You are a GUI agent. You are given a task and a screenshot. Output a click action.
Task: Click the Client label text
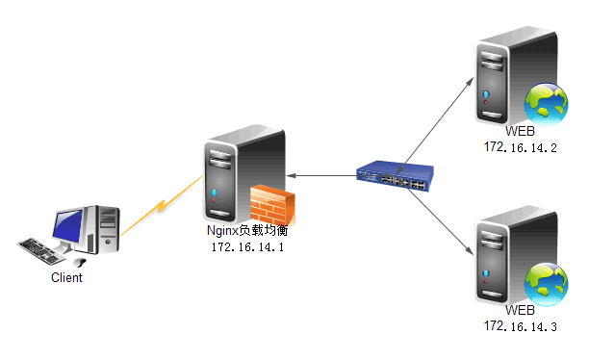tap(66, 277)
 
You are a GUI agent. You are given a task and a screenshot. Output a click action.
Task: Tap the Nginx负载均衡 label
tap(247, 230)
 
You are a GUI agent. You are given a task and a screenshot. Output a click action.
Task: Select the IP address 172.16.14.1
tap(247, 246)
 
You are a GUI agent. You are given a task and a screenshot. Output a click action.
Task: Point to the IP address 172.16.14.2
tap(520, 147)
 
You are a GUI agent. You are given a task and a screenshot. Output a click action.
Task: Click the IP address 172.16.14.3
tap(520, 326)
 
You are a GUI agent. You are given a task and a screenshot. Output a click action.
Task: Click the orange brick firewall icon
tap(272, 205)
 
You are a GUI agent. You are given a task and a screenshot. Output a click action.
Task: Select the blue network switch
tap(395, 176)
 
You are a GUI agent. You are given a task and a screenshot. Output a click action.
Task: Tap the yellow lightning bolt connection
tap(162, 206)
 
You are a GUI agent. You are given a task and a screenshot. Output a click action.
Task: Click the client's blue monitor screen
tap(67, 225)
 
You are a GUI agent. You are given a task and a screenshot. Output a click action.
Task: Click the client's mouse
tap(80, 262)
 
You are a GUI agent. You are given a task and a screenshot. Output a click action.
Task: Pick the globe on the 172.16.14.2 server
tap(546, 104)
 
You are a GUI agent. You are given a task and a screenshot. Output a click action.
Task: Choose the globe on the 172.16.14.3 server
tap(546, 284)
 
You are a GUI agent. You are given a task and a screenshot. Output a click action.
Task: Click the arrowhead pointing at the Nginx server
tap(291, 175)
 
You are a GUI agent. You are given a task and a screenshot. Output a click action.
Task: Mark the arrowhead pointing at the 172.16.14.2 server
tap(470, 81)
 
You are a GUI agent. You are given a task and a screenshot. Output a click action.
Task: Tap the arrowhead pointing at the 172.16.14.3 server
tap(469, 250)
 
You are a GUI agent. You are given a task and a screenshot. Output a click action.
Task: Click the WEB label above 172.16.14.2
tap(520, 131)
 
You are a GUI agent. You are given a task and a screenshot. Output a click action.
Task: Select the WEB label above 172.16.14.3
tap(520, 310)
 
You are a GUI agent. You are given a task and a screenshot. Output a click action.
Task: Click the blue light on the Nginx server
tap(214, 193)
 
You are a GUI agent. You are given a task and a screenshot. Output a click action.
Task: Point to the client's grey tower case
tap(102, 229)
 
